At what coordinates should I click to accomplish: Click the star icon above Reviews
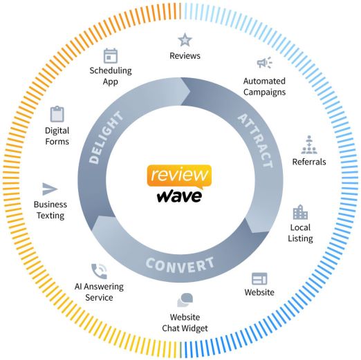[185, 40]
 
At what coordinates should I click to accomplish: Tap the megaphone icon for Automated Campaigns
[264, 62]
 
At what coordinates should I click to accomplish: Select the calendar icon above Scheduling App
[111, 56]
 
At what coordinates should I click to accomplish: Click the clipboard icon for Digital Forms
[57, 114]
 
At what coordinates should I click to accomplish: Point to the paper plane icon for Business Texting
[50, 189]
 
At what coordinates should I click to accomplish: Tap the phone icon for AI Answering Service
[99, 271]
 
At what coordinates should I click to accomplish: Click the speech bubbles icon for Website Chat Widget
[185, 300]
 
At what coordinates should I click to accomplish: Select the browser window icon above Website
[259, 278]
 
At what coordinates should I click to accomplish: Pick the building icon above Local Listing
[300, 212]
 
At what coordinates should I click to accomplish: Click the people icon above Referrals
[309, 144]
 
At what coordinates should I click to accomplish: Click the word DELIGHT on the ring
[106, 138]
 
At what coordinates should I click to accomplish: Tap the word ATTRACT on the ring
[256, 140]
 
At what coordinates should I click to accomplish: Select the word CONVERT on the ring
[180, 265]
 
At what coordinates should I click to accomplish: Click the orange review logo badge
[179, 176]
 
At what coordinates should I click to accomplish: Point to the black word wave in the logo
[179, 196]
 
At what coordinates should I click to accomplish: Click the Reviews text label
[185, 56]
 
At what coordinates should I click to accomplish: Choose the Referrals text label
[309, 162]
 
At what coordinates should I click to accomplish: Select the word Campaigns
[264, 93]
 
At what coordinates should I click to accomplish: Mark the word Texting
[50, 216]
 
